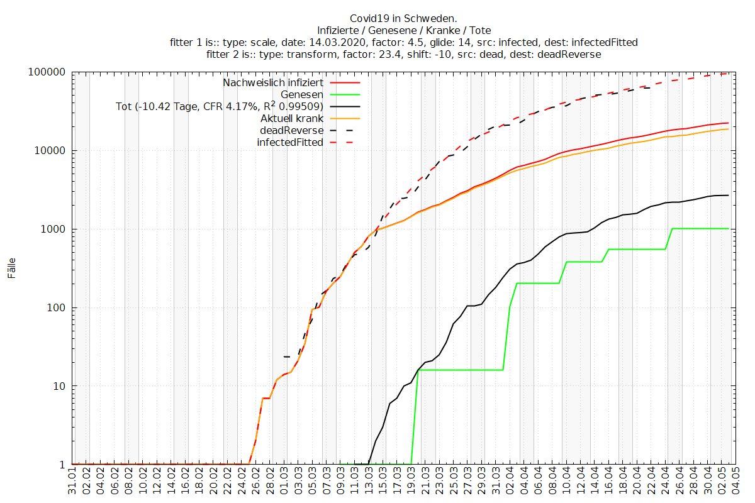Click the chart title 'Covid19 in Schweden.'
pyautogui.click(x=404, y=18)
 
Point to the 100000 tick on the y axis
pyautogui.click(x=50, y=72)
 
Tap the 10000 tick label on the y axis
pyautogui.click(x=52, y=151)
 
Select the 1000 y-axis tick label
pyautogui.click(x=55, y=229)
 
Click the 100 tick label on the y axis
pyautogui.click(x=58, y=308)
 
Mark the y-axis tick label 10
pyautogui.click(x=60, y=386)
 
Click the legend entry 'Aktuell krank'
pyautogui.click(x=292, y=118)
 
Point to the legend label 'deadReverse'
pyautogui.click(x=291, y=130)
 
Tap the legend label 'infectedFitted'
pyautogui.click(x=290, y=142)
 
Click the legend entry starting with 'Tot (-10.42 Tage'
pyautogui.click(x=220, y=106)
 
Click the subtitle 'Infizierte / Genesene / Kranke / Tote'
pyautogui.click(x=404, y=30)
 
